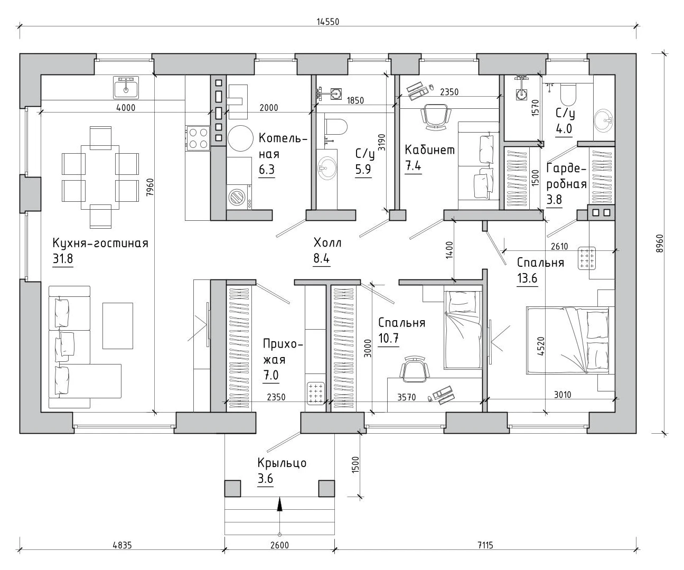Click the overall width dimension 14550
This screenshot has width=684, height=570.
(328, 22)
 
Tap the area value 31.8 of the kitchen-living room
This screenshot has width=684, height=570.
(63, 259)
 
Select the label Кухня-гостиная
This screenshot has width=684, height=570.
(100, 243)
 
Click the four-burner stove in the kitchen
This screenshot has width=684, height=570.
(198, 138)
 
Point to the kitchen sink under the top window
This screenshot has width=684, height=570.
(126, 88)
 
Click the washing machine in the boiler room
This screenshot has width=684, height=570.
(239, 197)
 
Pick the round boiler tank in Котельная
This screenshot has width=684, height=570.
(240, 138)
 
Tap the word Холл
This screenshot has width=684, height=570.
(327, 243)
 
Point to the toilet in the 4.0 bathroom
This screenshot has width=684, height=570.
(568, 94)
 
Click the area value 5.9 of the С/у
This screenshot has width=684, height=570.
(363, 170)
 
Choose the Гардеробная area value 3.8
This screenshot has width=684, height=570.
(554, 200)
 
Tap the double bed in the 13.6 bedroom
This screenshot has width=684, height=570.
(567, 340)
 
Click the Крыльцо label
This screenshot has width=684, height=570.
(282, 463)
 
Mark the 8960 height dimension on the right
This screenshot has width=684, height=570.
(659, 244)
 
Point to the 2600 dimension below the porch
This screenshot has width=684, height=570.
(279, 545)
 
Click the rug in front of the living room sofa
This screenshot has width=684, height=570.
(118, 326)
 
